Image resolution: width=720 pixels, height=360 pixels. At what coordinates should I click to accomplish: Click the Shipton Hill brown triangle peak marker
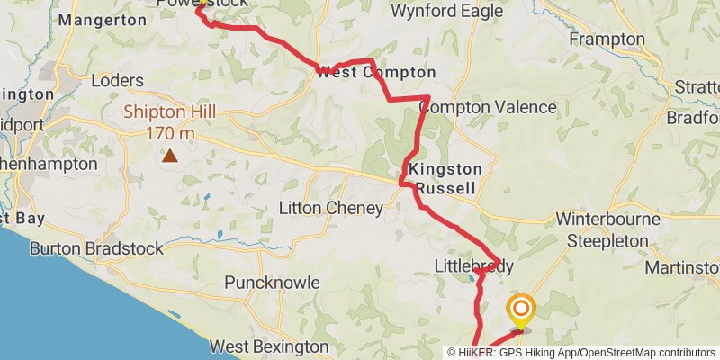point(170,157)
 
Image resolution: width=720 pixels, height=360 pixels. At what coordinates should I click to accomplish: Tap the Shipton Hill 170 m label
point(158,122)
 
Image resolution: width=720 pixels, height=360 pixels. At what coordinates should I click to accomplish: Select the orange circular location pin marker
point(520,311)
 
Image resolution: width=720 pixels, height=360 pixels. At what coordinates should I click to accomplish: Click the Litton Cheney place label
point(331,209)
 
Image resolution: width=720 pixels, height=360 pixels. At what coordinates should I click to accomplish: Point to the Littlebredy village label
point(473,266)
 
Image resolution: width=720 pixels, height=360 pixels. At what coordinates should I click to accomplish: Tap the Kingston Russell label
point(445,178)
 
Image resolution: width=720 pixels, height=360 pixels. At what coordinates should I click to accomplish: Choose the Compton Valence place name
point(488,107)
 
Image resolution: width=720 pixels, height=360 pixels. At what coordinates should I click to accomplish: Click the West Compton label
point(375,73)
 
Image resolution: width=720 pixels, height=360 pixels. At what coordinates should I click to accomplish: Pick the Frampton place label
point(607,40)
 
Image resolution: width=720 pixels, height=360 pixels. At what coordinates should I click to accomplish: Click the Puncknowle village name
point(272,283)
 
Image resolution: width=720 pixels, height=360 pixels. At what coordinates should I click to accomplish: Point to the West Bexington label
point(269,346)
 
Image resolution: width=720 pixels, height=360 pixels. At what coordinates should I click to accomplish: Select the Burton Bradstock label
point(96,248)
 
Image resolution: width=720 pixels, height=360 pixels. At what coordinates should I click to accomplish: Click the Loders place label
point(118,81)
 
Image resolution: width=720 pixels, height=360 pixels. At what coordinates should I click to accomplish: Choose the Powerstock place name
point(176,4)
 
